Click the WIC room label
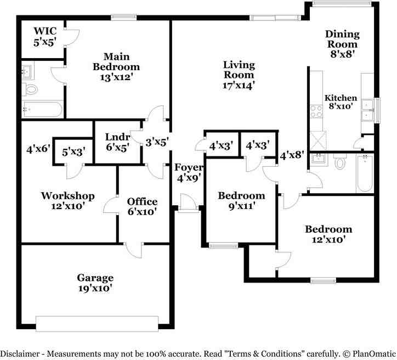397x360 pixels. click(45, 31)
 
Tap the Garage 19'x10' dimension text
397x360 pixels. click(95, 289)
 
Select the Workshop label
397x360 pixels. click(68, 196)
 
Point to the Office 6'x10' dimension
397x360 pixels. click(142, 211)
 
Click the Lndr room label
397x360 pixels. click(118, 137)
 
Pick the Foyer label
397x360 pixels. click(189, 167)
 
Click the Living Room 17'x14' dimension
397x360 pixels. click(239, 86)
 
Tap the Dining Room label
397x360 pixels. click(342, 39)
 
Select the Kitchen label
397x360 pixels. click(341, 98)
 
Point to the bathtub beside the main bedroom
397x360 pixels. click(42, 109)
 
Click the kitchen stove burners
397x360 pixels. click(316, 111)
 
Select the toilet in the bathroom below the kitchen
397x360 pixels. click(340, 161)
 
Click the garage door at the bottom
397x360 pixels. click(97, 324)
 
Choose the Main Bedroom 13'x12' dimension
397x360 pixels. click(116, 77)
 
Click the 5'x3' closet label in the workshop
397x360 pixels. click(73, 152)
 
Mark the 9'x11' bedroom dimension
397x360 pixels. click(241, 206)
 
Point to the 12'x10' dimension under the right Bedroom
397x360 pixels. click(328, 239)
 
